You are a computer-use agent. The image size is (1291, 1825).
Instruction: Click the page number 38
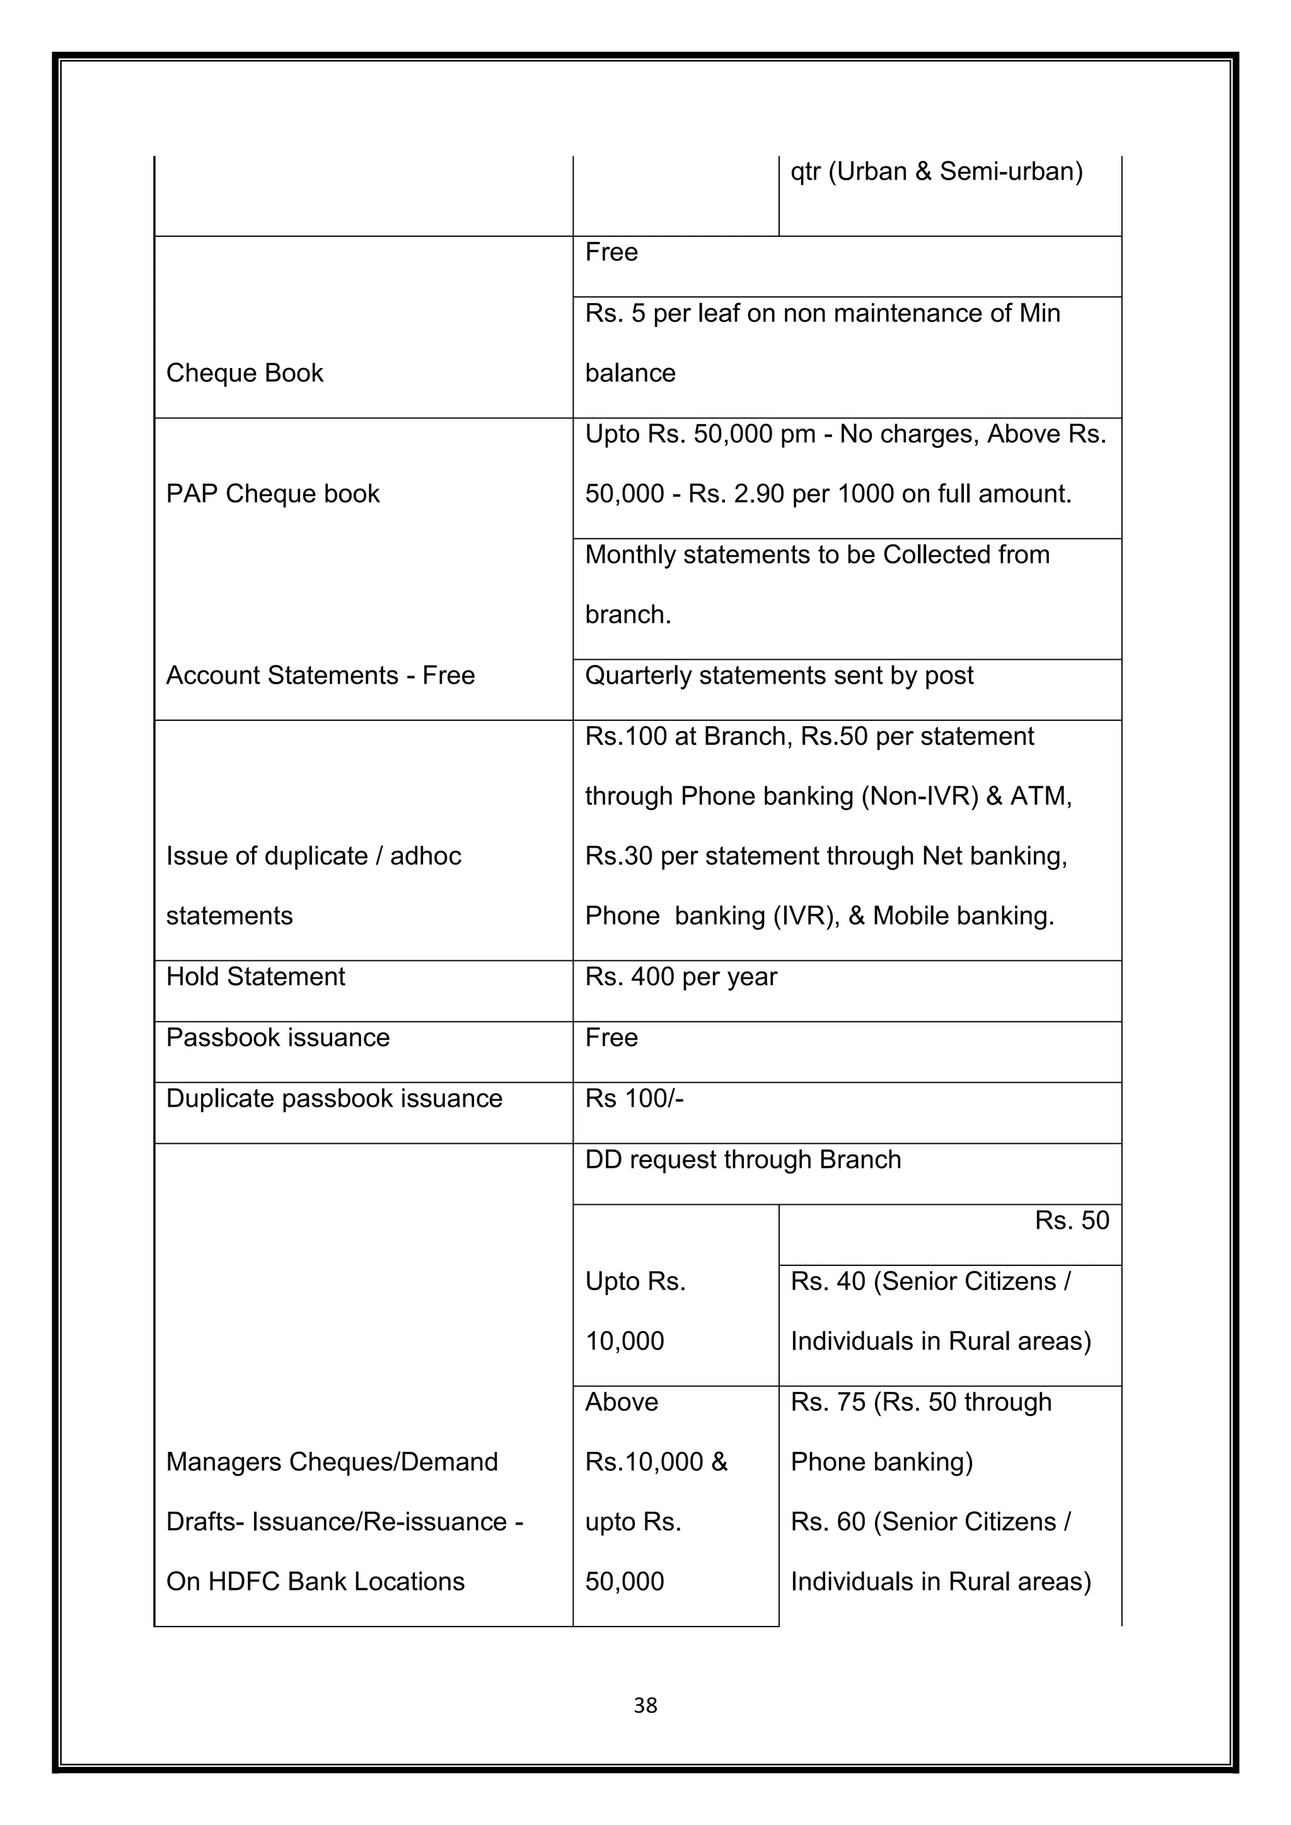point(645,1705)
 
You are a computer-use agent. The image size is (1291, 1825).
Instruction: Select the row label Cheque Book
point(244,373)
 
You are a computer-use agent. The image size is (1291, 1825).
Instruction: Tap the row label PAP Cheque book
point(273,493)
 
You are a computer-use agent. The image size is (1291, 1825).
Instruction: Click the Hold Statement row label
point(255,976)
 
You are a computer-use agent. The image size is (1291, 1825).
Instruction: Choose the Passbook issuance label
point(277,1037)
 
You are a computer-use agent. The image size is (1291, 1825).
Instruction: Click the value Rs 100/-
point(634,1098)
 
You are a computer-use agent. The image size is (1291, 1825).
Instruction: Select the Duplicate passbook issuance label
point(334,1098)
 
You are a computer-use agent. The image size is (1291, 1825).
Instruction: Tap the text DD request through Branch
point(743,1160)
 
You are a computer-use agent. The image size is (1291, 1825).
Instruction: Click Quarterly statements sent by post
point(779,675)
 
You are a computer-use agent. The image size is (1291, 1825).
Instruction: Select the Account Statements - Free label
point(320,675)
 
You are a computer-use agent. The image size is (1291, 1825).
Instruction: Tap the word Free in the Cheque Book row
point(611,252)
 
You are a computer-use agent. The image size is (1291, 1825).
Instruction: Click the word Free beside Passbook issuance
point(611,1037)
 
